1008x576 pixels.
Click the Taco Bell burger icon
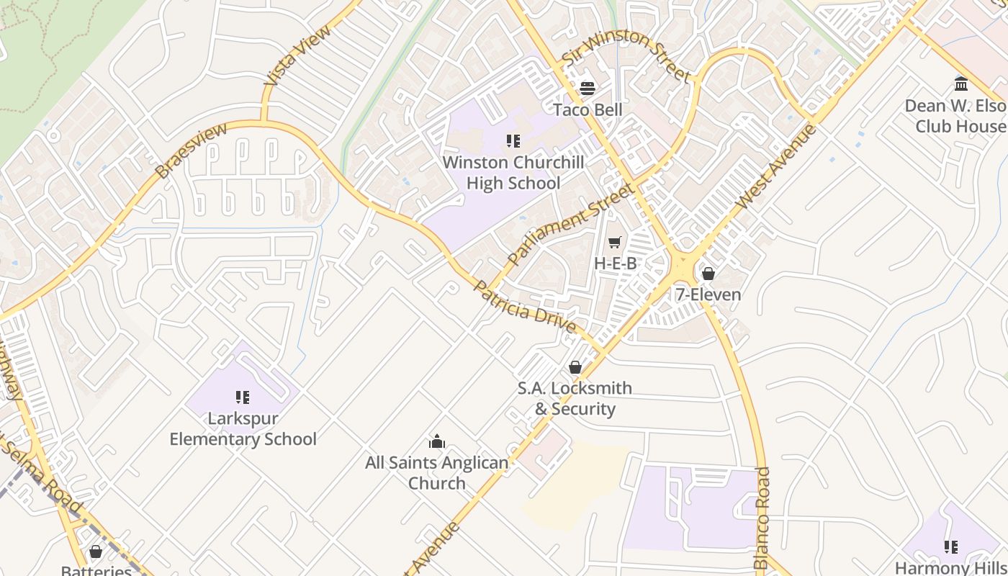[588, 89]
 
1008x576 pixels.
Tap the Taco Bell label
[588, 109]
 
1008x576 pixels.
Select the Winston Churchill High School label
[513, 173]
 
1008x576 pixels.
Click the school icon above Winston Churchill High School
[513, 141]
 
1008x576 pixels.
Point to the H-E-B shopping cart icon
[614, 243]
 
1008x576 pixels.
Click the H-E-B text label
[615, 264]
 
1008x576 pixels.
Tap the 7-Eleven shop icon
[708, 274]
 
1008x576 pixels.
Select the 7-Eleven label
[708, 294]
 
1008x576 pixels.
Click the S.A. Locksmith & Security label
[575, 398]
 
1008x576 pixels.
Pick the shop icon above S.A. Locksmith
[575, 368]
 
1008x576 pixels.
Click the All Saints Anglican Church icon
[436, 441]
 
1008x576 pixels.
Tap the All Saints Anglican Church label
[436, 473]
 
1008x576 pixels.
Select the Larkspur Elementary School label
[243, 428]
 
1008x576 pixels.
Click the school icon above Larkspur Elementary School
[243, 397]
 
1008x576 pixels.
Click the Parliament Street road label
[570, 223]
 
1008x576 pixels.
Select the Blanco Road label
[762, 518]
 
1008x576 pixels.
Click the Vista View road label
[297, 56]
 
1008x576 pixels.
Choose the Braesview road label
[192, 150]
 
